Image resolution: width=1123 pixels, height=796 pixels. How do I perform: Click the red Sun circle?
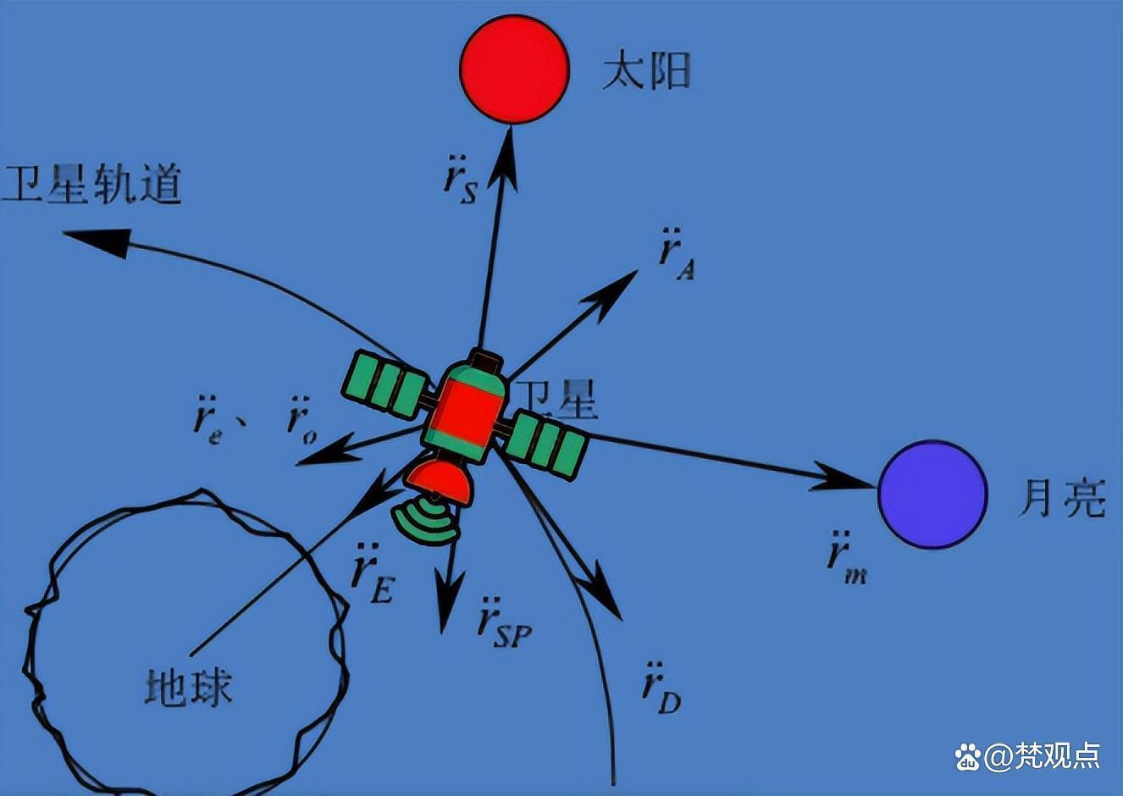(x=514, y=69)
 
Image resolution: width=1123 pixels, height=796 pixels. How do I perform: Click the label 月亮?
(x=1061, y=497)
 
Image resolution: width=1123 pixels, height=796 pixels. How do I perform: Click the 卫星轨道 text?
(x=91, y=184)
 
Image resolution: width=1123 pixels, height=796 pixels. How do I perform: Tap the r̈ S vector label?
(x=459, y=180)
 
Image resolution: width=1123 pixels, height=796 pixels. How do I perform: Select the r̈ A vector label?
(x=676, y=255)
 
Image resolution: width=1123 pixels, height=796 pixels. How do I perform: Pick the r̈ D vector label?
(x=661, y=688)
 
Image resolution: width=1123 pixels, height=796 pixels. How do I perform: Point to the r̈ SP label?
(x=505, y=623)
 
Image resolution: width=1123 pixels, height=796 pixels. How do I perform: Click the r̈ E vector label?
(x=373, y=573)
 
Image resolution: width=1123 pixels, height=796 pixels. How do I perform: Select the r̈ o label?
(x=301, y=420)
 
